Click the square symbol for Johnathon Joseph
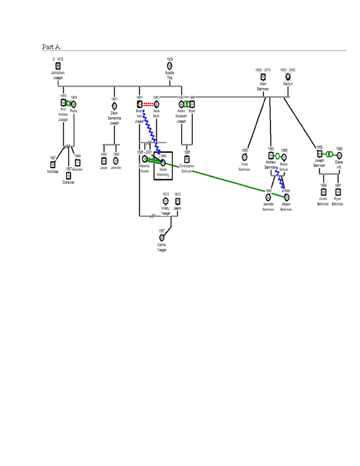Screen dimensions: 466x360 (x=58, y=66)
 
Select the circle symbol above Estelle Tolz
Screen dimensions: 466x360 (x=169, y=66)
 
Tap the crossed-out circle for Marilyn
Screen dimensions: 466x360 (x=288, y=77)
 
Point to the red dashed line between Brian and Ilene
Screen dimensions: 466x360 (x=148, y=104)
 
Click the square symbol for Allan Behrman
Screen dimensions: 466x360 (x=263, y=77)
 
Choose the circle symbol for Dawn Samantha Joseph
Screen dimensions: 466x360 (x=114, y=106)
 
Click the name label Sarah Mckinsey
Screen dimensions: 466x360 (x=163, y=172)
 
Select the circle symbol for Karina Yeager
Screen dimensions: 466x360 (x=162, y=238)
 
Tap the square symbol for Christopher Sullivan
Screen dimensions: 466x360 (x=187, y=159)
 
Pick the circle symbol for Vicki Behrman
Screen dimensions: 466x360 (x=244, y=157)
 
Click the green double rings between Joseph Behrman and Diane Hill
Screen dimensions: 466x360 (x=329, y=154)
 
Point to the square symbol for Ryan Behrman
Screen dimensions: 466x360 (x=338, y=192)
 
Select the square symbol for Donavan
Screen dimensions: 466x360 (x=68, y=176)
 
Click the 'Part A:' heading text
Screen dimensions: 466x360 (x=52, y=47)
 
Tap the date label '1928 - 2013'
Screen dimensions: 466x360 (x=263, y=70)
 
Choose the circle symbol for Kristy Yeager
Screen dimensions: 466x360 (x=166, y=201)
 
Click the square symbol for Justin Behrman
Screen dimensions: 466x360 (x=323, y=192)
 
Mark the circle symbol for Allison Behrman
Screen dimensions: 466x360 (x=286, y=197)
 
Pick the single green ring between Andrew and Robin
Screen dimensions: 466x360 (x=277, y=156)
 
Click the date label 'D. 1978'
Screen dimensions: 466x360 (x=58, y=59)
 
